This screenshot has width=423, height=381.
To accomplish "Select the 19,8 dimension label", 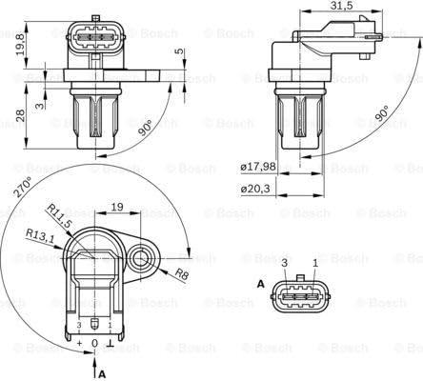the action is pos(21,45).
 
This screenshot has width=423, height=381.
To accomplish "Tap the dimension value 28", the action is pos(21,115).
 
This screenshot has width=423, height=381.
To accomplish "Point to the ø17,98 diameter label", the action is pos(258,167).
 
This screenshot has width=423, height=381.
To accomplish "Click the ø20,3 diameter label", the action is pos(255,189).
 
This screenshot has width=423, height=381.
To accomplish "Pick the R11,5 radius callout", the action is pos(59,215).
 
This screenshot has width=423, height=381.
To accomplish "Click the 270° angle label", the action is pos(22,188).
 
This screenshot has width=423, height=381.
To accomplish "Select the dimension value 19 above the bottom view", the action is pos(117,207).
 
